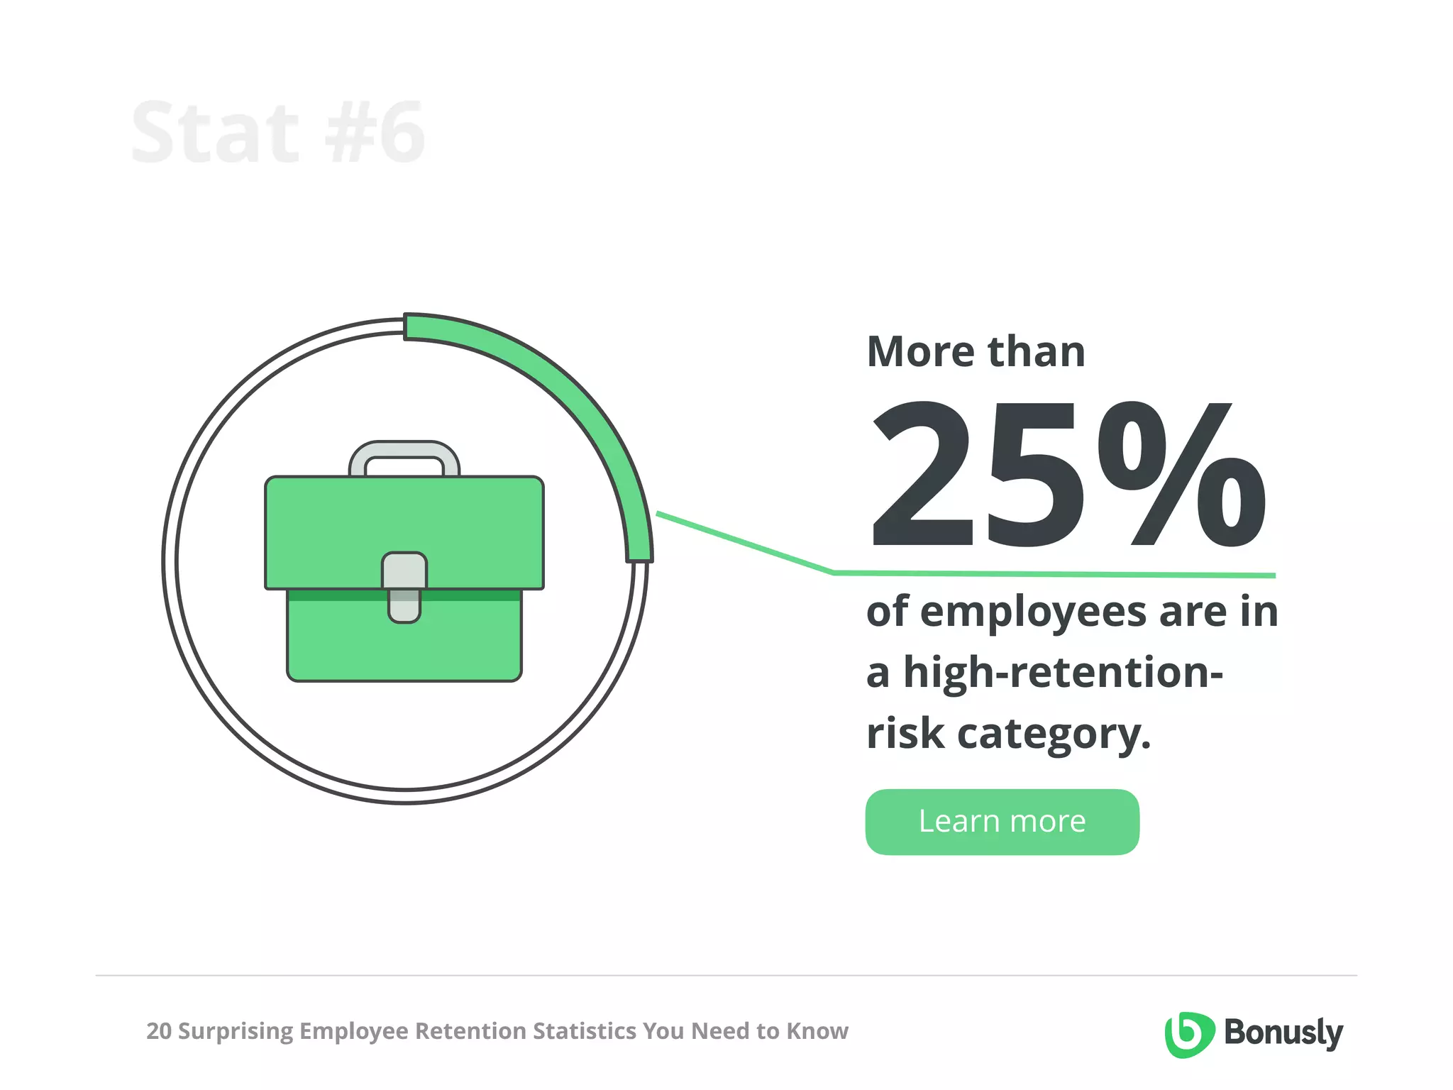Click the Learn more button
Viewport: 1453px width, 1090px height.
[x=1002, y=822]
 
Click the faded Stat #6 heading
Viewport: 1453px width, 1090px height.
[x=278, y=133]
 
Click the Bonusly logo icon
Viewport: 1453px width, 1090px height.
[x=1188, y=1034]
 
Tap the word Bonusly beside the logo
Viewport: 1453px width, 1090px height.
[x=1283, y=1033]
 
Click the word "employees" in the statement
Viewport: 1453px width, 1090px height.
[x=1033, y=612]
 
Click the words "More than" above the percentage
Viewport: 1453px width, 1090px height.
[x=976, y=352]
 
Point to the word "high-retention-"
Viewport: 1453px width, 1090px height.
[x=1063, y=673]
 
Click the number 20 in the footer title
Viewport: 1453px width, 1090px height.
[x=158, y=1031]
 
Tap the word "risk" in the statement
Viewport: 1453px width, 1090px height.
[x=905, y=734]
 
